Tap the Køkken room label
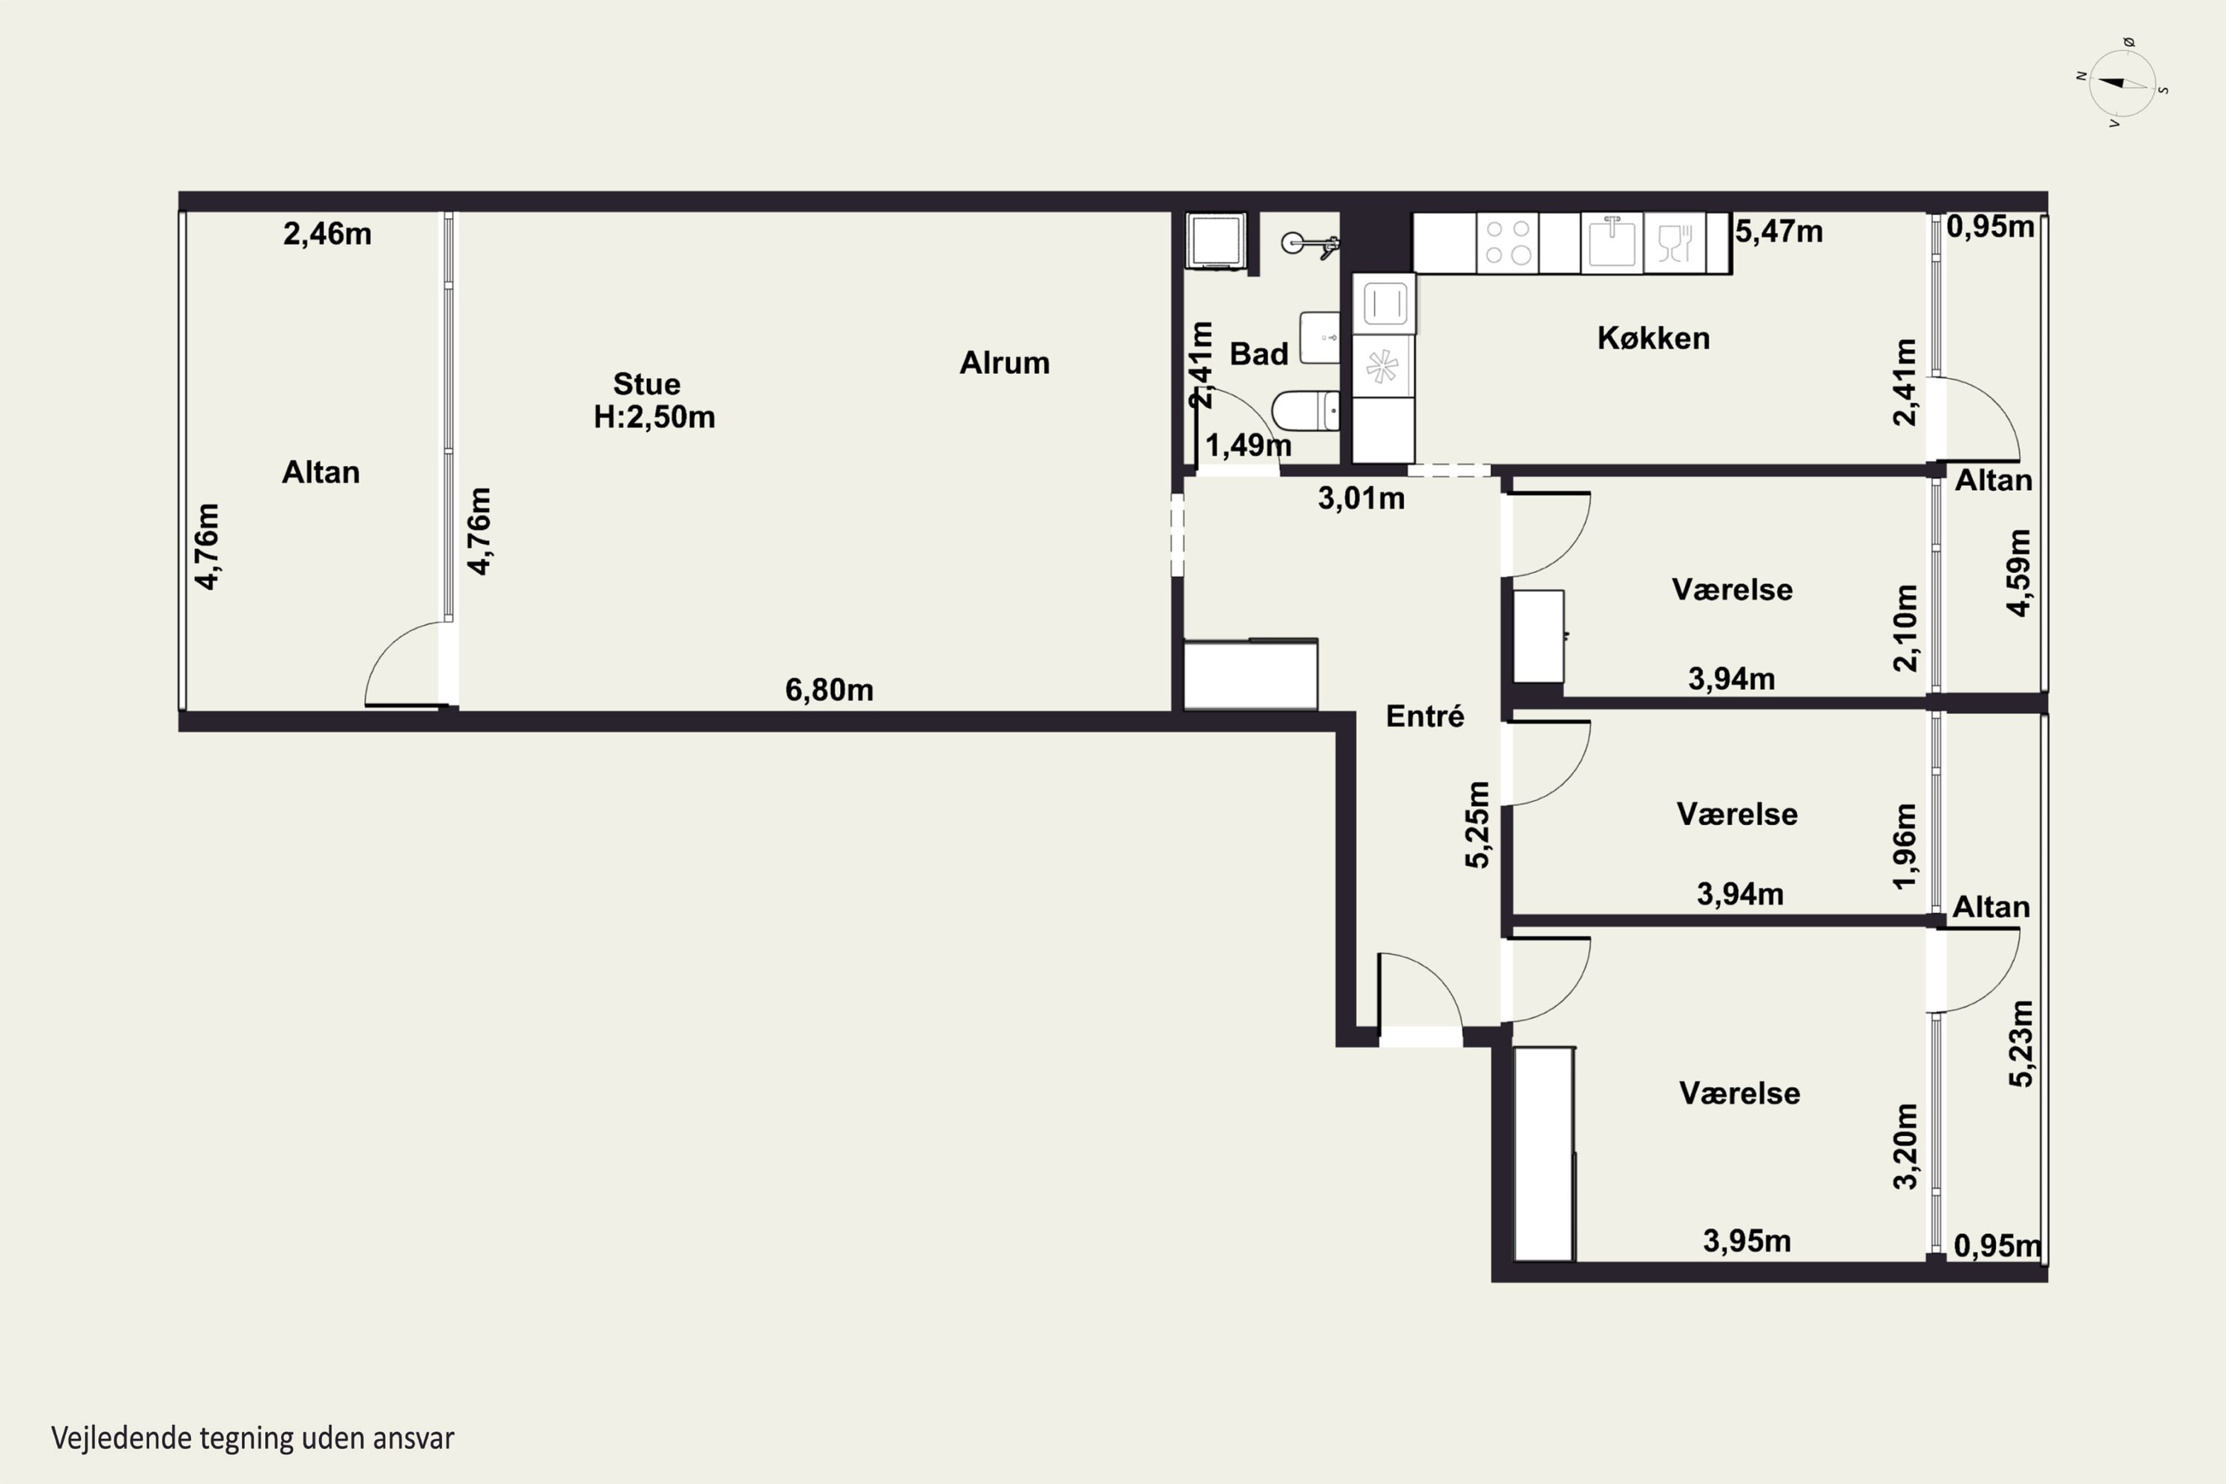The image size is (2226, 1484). [x=1653, y=338]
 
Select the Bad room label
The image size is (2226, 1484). [x=1258, y=354]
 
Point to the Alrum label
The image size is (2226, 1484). [x=1004, y=363]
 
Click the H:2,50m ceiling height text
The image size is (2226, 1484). [x=654, y=416]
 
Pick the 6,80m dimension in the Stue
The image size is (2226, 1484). [x=829, y=690]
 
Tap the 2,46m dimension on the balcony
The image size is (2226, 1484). [x=327, y=234]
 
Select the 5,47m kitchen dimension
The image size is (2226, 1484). [x=1779, y=231]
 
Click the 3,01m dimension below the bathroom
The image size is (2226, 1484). [x=1361, y=498]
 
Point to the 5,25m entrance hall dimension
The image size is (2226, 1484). [x=1477, y=824]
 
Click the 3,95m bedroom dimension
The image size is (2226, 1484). [x=1747, y=1241]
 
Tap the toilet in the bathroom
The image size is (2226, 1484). [x=1305, y=411]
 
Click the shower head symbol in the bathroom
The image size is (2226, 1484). [x=1310, y=245]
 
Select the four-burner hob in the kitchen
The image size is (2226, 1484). [x=1508, y=243]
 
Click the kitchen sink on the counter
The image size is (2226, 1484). [x=1612, y=243]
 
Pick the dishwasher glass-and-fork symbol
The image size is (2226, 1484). [x=1674, y=243]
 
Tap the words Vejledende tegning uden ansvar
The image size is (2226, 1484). [x=253, y=1439]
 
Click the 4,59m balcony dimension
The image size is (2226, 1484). [x=2019, y=573]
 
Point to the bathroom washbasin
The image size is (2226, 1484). [x=1320, y=338]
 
